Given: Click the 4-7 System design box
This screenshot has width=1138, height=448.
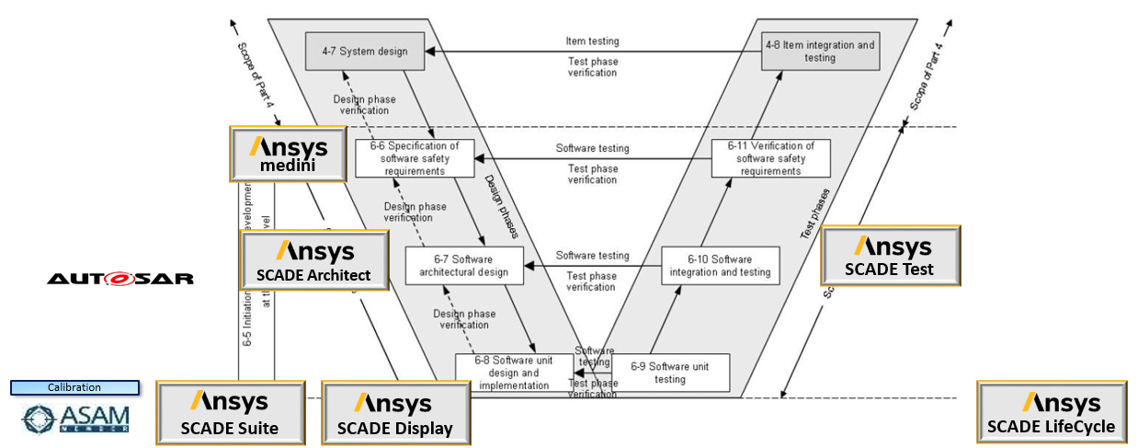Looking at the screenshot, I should [364, 52].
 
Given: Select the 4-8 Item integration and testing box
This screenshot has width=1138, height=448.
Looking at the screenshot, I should [820, 52].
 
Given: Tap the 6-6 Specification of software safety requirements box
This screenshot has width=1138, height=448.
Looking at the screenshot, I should [415, 158].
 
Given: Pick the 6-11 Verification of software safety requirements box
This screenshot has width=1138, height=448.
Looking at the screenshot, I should [770, 158].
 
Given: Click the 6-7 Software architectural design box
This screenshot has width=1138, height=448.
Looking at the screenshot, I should [464, 265].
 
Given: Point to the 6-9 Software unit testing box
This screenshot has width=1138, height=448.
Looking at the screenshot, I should [670, 373].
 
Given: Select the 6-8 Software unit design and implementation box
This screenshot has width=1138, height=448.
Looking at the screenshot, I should [515, 373].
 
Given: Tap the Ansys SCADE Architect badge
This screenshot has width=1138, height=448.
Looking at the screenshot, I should [313, 260].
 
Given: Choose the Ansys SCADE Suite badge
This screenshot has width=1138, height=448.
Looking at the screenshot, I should [229, 412].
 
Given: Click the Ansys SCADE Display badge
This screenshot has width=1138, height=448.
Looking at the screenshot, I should [394, 413].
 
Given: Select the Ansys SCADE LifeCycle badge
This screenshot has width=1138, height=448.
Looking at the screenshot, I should [1051, 412].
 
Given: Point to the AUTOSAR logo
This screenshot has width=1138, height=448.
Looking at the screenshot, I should [120, 278].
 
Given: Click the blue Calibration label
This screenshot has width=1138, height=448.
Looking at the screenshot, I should [74, 387].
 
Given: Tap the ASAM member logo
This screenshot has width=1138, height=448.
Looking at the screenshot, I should [76, 418].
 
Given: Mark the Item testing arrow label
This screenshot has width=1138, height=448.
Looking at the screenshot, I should [592, 41].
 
